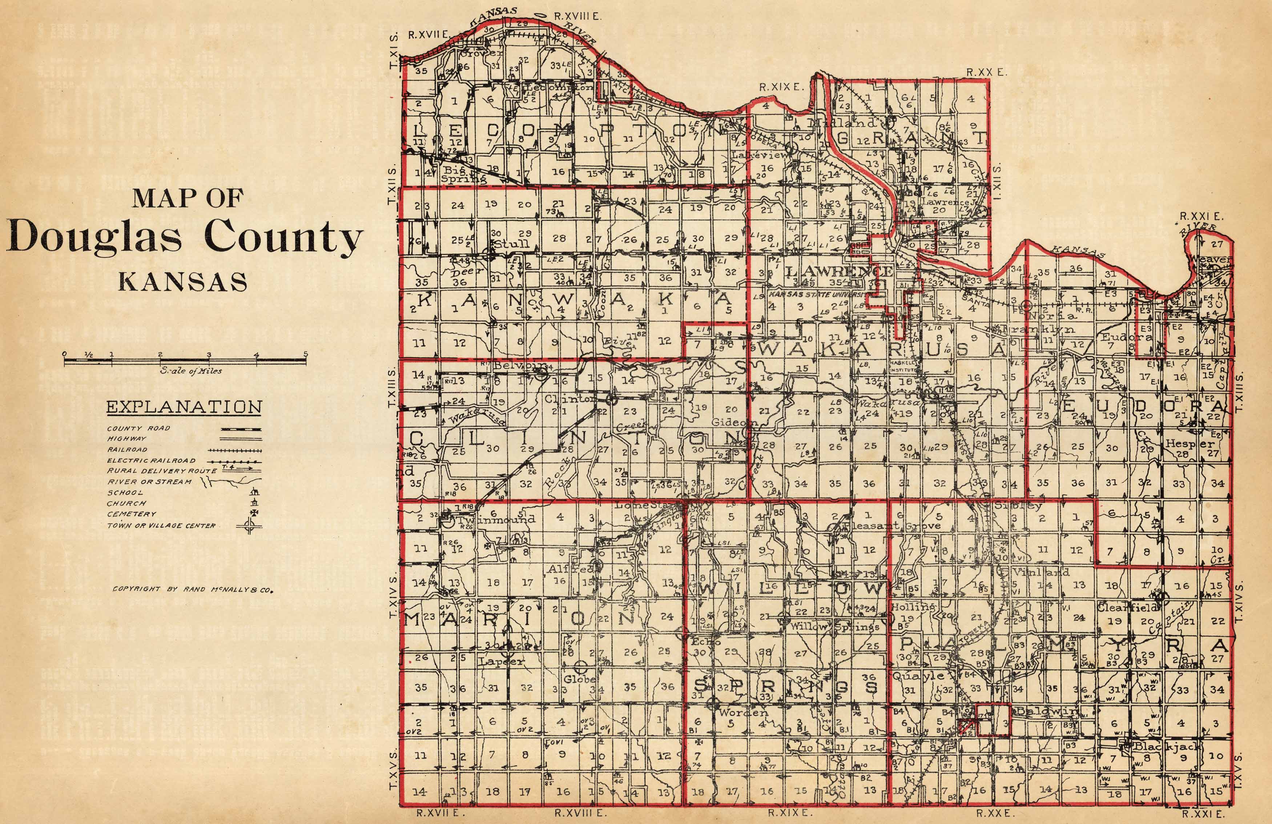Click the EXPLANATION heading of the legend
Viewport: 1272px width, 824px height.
point(184,407)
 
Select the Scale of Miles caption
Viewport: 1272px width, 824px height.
point(191,371)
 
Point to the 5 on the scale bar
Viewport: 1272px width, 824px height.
point(306,354)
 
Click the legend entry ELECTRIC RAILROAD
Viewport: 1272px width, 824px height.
point(151,461)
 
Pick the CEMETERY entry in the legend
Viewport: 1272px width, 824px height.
point(132,514)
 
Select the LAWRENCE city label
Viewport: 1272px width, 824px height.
point(838,272)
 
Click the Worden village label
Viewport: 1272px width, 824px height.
point(743,712)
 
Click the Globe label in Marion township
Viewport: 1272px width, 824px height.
point(580,679)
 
